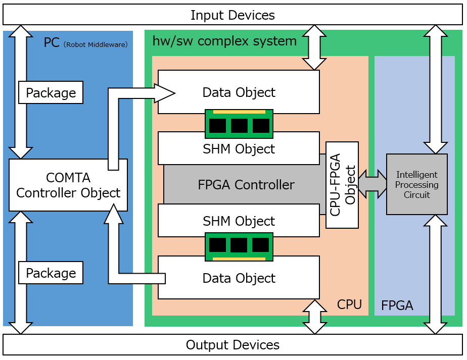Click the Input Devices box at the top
coord(232,15)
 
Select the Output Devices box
coord(232,345)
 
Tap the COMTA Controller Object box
coord(68,185)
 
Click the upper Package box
coord(51,93)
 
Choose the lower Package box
coord(51,273)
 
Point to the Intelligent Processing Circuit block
coord(417,184)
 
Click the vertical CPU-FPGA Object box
coord(342,185)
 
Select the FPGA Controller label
coord(246,185)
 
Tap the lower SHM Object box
coord(239,221)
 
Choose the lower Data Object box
coord(239,278)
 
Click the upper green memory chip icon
coord(239,124)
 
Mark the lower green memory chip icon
coord(239,246)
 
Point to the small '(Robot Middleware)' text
coord(96,44)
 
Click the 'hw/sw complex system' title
coord(224,41)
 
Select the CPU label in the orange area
coord(349,304)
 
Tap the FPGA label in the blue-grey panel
coord(397,305)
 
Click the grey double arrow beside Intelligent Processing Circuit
coord(372,184)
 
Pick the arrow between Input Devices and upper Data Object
coord(314,47)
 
